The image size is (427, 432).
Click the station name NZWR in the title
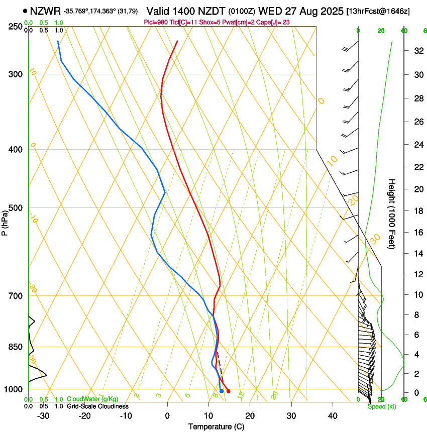pos(45,11)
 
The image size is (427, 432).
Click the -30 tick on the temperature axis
pos(43,416)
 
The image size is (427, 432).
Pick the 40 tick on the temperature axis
pos(332,416)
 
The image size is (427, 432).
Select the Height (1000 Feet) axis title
pos(392,214)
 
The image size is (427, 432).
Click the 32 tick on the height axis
pos(417,51)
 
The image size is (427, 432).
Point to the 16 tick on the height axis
pos(417,233)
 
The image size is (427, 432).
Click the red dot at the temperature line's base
pos(228,391)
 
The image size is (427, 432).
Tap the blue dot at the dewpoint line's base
pos(222,391)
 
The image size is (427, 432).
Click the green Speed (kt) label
pos(382,406)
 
